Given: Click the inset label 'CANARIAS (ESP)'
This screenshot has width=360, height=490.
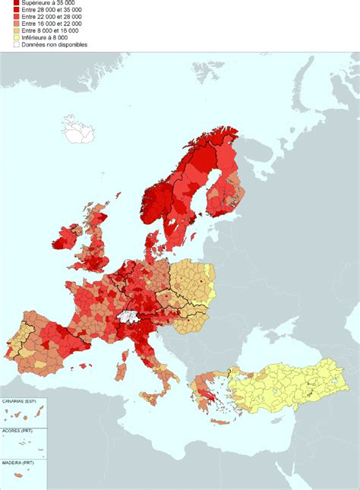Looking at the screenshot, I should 20,400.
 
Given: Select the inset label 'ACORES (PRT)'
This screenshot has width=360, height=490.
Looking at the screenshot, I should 17,431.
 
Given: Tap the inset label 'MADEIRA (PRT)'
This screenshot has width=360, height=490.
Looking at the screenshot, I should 18,462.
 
